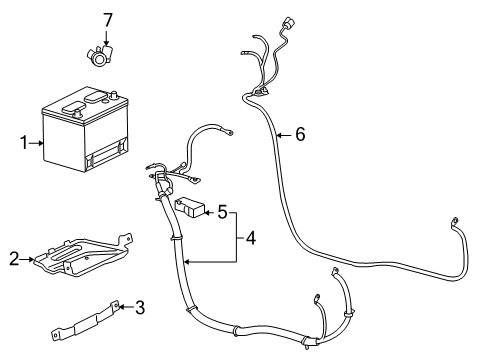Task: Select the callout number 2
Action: point(14,259)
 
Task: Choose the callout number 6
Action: point(299,135)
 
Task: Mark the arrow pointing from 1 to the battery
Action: point(38,143)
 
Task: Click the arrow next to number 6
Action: point(284,135)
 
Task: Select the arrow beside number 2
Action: point(27,259)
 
